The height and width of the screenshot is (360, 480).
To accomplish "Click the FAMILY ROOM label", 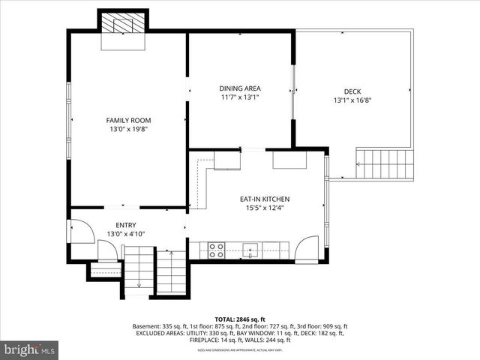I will click(128, 120).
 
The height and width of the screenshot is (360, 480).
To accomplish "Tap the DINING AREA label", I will click(240, 88).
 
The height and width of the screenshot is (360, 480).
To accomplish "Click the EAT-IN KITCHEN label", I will click(264, 199).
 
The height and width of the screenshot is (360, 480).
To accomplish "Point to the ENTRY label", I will click(125, 225).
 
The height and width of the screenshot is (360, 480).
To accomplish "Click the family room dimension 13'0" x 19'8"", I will click(128, 130).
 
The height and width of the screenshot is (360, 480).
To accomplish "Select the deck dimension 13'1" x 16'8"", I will click(352, 100).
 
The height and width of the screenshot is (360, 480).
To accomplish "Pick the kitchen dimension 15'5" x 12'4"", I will click(264, 208).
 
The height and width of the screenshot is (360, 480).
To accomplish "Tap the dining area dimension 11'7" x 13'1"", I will click(240, 97).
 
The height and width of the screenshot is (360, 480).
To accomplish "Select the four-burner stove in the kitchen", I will click(216, 250).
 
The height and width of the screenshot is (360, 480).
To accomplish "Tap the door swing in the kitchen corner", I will click(307, 248).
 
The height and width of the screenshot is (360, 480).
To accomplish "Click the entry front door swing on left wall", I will click(81, 231).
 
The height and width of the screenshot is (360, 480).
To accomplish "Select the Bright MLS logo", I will click(29, 349).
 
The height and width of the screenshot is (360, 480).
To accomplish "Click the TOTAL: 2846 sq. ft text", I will click(240, 319).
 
